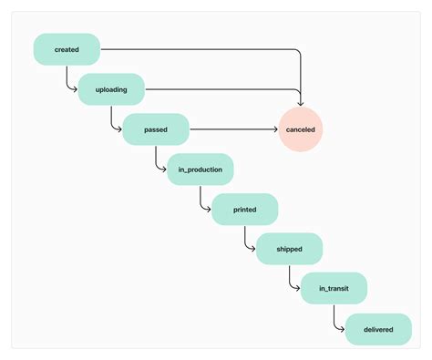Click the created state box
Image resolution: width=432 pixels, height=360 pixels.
point(67,49)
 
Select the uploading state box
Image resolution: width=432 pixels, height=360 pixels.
point(111,89)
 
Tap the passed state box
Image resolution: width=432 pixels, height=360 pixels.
point(156,129)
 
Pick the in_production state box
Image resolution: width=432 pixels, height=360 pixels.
point(201,170)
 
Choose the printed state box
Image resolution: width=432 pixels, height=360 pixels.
point(244,210)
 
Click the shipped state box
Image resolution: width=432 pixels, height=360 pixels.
point(289,250)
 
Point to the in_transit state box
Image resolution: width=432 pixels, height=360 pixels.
point(334,289)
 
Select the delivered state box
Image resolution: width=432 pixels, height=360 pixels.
point(378,329)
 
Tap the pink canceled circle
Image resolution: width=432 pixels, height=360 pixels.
point(301,129)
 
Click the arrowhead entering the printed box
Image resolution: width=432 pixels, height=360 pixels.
point(209,210)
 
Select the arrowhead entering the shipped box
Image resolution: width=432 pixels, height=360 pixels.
point(253,250)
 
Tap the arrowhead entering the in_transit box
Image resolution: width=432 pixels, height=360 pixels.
point(298,289)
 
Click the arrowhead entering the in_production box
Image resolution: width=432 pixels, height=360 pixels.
point(164,170)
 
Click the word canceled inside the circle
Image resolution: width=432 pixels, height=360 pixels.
point(301,129)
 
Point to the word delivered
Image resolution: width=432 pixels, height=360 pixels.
point(378,329)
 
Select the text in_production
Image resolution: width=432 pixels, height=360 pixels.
point(201,170)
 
